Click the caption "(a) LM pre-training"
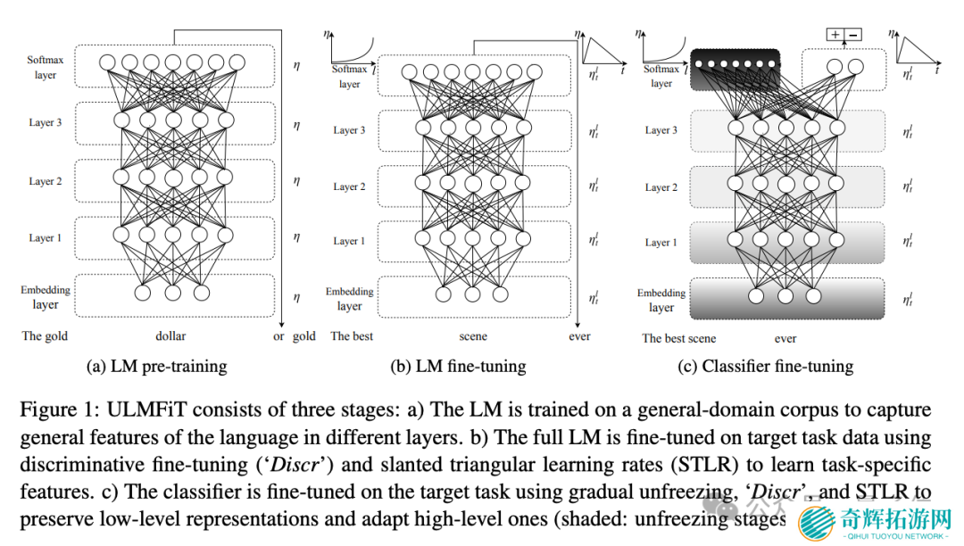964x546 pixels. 156,366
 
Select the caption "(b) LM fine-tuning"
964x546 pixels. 458,366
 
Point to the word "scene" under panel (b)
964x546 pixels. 473,336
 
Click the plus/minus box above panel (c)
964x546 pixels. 844,35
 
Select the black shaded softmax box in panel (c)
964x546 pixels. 735,68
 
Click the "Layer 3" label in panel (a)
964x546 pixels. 46,122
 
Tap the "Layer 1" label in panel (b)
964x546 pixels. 349,241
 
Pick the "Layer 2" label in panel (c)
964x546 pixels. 661,187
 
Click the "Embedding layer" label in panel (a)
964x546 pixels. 46,297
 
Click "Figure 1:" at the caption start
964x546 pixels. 58,410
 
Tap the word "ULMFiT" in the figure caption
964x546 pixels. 140,410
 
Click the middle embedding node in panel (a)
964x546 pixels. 172,292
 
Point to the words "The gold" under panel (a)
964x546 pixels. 45,336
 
